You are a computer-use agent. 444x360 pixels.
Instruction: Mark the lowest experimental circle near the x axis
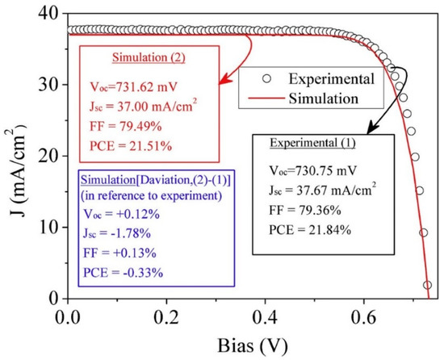click(x=427, y=285)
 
